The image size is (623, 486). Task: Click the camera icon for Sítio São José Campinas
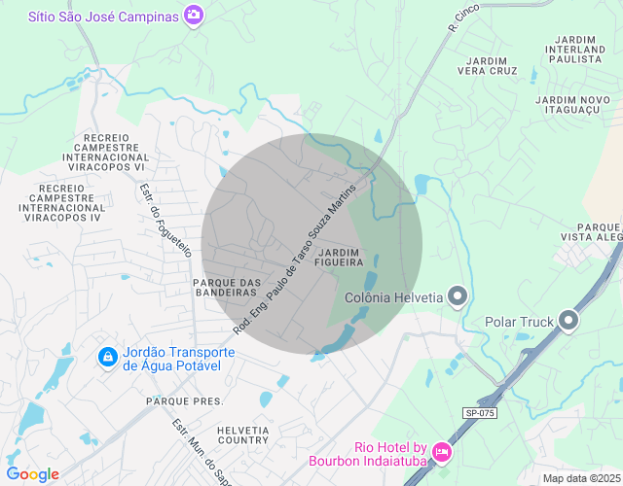click(x=194, y=16)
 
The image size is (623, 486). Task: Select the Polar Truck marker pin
click(x=568, y=321)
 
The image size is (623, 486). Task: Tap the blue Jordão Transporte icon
click(x=106, y=358)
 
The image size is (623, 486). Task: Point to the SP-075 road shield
click(x=479, y=413)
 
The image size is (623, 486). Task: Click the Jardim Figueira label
click(x=340, y=258)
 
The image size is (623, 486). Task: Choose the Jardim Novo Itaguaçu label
click(x=572, y=106)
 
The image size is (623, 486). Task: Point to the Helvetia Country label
click(x=243, y=434)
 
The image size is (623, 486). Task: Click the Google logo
click(x=32, y=474)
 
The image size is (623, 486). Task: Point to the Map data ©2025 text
click(x=579, y=478)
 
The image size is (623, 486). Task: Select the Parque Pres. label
click(x=184, y=400)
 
